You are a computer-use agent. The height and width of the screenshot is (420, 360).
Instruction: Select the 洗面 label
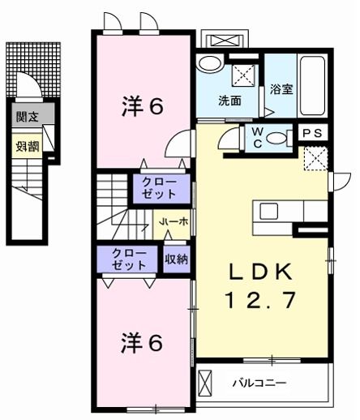[x=229, y=101]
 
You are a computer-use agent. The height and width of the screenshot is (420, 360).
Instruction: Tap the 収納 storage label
[x=176, y=259]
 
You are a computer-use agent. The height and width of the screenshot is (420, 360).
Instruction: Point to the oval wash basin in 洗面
[x=210, y=65]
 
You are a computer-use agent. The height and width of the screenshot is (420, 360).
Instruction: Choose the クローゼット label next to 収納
[x=130, y=259]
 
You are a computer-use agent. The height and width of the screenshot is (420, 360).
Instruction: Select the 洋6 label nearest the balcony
[x=143, y=342]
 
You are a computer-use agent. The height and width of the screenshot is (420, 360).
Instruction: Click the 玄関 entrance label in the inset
[x=26, y=115]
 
